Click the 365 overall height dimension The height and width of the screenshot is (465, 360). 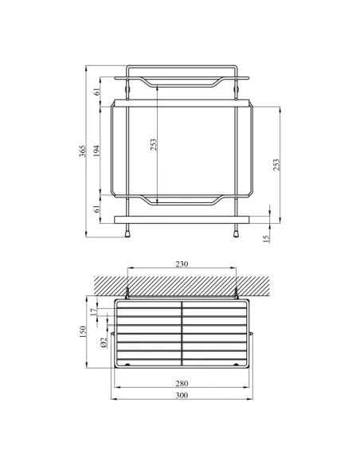click(x=82, y=152)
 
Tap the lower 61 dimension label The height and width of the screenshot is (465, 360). click(x=96, y=209)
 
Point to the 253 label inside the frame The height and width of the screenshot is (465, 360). click(x=154, y=144)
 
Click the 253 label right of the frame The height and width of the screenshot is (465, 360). click(x=276, y=163)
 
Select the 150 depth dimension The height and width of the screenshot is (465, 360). click(x=82, y=330)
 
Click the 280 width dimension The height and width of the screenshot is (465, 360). click(x=182, y=384)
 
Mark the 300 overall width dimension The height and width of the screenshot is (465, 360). click(x=182, y=397)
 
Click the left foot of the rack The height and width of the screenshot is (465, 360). click(x=128, y=234)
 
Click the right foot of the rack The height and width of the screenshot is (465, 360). click(x=237, y=234)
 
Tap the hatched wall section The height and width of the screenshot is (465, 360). click(x=182, y=283)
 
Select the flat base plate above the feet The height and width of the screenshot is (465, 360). click(x=182, y=217)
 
